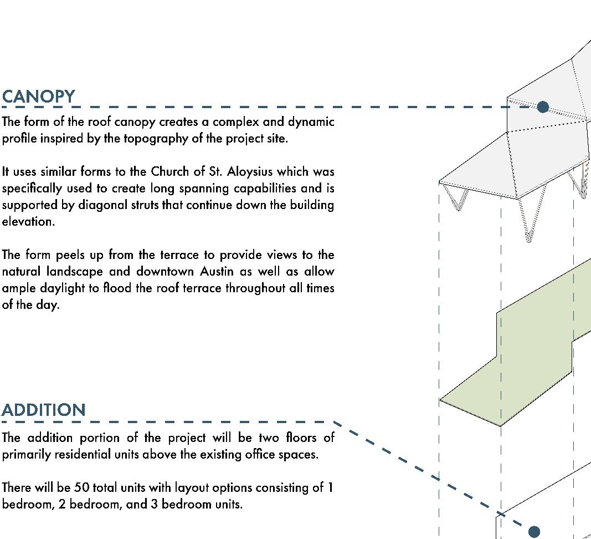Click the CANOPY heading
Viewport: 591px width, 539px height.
click(38, 96)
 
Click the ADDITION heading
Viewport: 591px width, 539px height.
click(43, 410)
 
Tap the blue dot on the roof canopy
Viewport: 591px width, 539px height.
click(543, 107)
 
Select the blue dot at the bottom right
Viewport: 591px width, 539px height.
click(534, 532)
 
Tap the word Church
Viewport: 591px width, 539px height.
click(171, 171)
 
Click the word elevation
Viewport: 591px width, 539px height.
click(28, 221)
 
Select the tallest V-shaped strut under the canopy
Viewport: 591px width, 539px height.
click(528, 222)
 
